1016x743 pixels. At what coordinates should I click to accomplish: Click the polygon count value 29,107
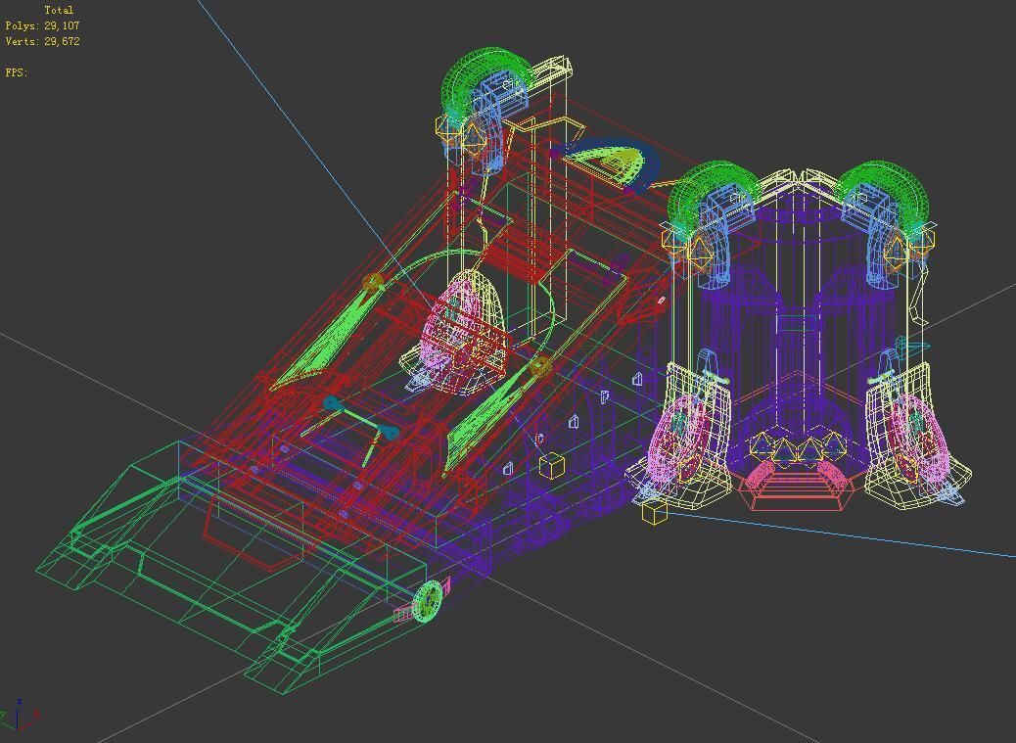point(62,25)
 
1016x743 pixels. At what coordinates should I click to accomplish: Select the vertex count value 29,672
point(62,41)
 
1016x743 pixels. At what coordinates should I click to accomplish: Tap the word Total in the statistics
point(59,10)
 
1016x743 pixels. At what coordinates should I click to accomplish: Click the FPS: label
point(17,72)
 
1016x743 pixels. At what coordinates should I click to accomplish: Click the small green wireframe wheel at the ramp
point(429,601)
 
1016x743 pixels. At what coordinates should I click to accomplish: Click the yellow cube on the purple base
point(551,465)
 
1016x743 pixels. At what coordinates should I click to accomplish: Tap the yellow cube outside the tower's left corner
point(654,511)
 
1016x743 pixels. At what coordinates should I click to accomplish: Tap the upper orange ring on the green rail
point(372,284)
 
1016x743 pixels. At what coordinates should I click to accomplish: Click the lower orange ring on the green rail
point(539,367)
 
